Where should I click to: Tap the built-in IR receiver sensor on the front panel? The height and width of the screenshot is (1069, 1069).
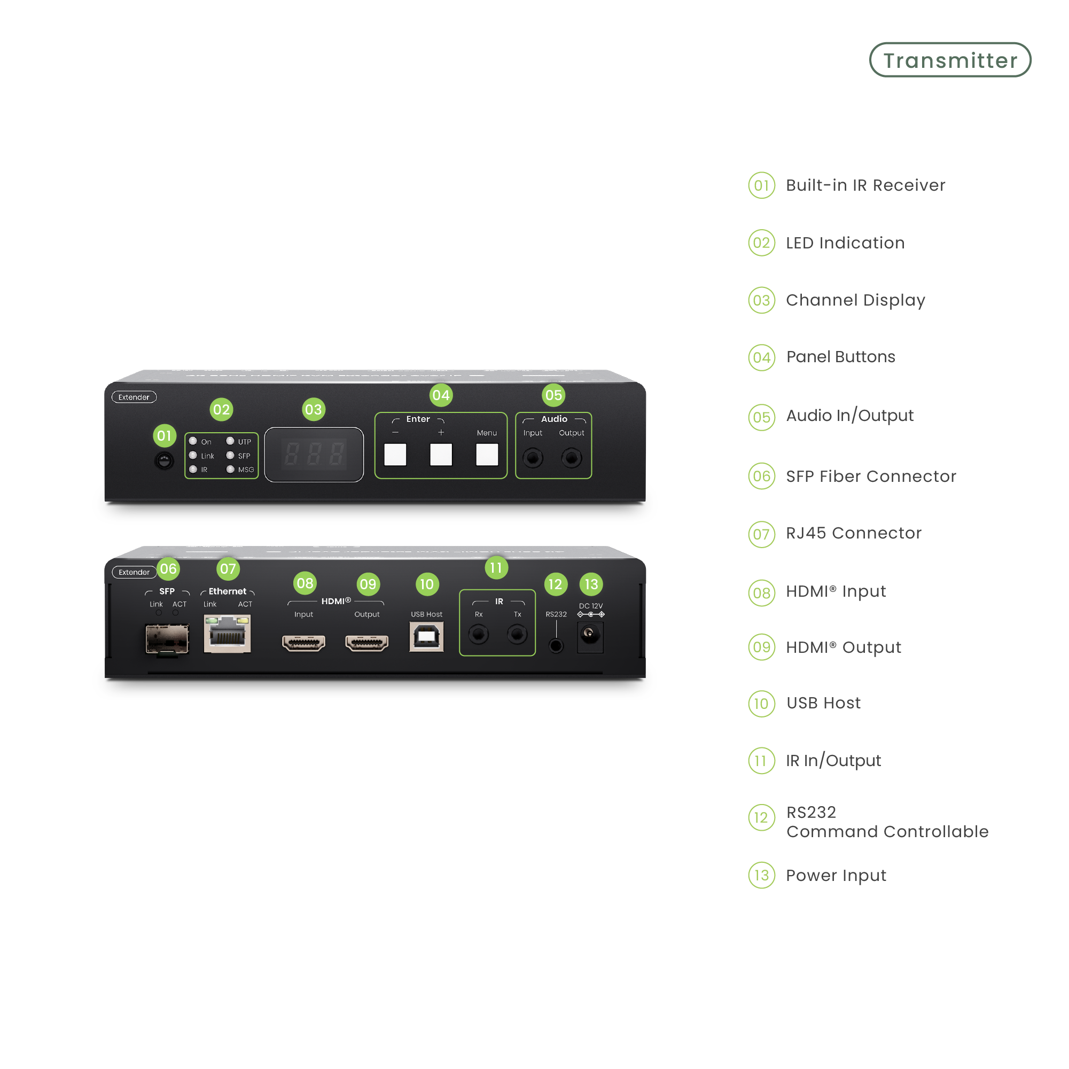[164, 461]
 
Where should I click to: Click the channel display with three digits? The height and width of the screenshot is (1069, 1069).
[314, 454]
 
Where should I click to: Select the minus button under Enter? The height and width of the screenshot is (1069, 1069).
[395, 454]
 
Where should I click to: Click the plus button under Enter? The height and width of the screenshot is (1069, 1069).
[441, 454]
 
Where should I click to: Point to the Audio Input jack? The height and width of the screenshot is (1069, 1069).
[533, 458]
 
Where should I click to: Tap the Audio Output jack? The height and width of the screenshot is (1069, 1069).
[572, 458]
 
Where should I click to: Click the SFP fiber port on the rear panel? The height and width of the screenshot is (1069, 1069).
[167, 638]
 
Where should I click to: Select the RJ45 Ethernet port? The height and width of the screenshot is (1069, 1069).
[228, 635]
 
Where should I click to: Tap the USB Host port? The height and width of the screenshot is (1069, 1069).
[427, 637]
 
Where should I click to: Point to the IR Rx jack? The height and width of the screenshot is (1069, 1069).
[479, 634]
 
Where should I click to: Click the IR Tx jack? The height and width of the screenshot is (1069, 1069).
[517, 634]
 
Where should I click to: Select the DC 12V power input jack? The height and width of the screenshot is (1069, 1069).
[590, 634]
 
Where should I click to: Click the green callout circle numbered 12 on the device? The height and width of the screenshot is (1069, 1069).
[555, 584]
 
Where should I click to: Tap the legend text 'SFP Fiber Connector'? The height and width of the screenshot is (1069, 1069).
[871, 477]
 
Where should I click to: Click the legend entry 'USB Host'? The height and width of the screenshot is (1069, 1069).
[823, 703]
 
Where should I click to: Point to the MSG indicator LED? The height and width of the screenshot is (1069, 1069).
[231, 469]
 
